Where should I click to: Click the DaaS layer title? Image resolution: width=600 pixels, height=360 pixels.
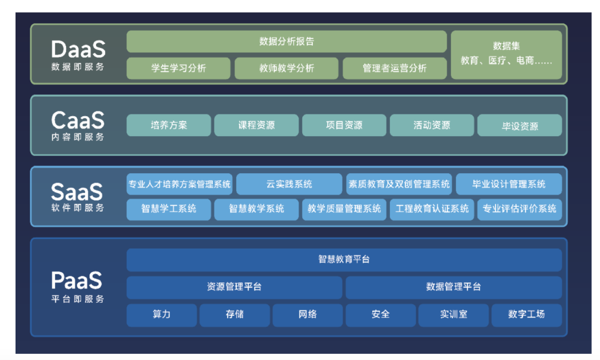78,49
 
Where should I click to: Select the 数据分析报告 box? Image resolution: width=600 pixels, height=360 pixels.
286,42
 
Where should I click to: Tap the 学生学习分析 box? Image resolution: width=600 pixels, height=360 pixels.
178,68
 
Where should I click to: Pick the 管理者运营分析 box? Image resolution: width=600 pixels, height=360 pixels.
394,68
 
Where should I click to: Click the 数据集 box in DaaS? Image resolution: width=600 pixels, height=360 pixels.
506,54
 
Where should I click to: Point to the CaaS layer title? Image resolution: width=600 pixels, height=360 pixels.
78,120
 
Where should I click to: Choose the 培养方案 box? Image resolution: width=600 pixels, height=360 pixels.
169,126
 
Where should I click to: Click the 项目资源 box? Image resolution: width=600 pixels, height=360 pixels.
344,126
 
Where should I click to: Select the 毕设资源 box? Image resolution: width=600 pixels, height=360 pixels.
519,126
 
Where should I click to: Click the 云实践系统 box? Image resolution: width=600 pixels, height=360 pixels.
289,184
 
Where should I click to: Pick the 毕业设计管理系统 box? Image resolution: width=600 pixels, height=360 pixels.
508,184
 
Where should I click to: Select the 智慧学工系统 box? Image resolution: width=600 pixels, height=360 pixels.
169,209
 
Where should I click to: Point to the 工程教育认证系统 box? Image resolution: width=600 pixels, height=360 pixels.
432,209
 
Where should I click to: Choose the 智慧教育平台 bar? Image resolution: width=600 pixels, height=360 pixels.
344,259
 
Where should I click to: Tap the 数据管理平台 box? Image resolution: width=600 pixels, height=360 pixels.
453,287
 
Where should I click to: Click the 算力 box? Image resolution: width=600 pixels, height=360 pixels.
162,314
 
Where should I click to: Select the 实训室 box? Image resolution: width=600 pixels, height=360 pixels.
453,314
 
